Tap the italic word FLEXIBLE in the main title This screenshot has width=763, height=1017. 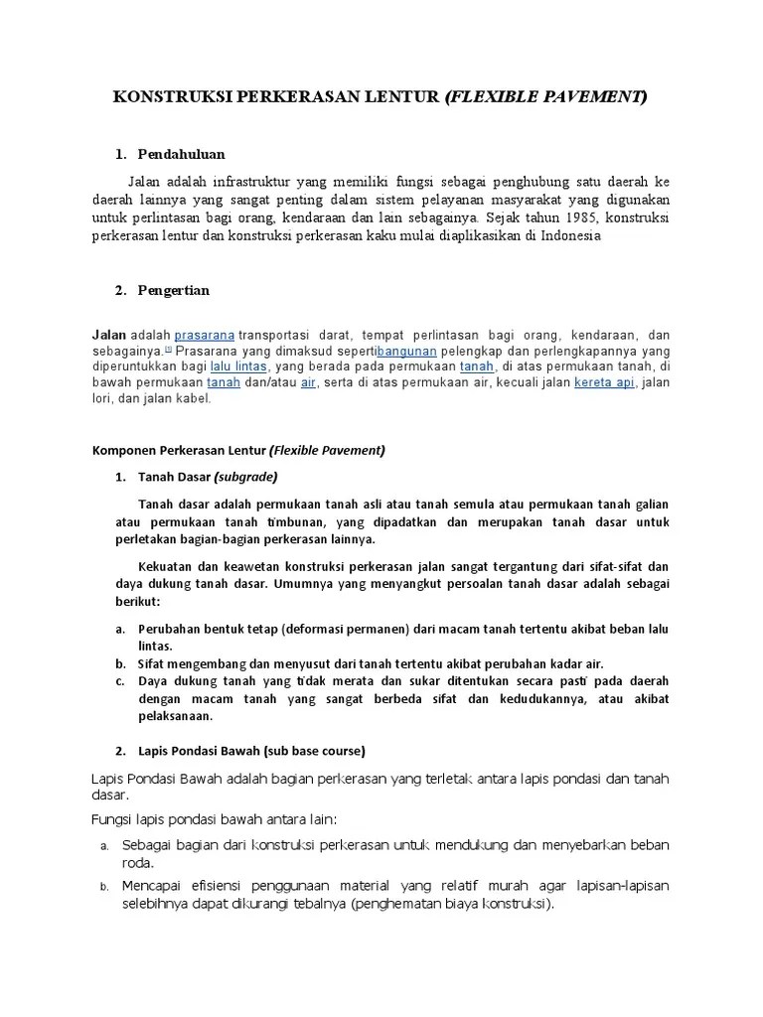(x=494, y=97)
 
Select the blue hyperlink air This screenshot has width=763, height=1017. (x=308, y=382)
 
